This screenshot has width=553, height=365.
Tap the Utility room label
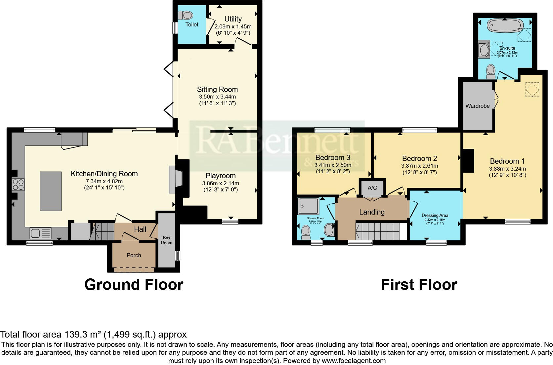point(233,19)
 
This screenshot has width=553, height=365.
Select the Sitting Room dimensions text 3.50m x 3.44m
point(217,97)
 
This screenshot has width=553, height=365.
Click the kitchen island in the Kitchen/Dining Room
point(51,191)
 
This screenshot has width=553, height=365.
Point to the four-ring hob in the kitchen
point(18,184)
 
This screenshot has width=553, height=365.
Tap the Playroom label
point(221,176)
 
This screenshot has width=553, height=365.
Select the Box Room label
point(166,240)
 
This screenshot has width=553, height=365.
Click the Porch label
point(134,255)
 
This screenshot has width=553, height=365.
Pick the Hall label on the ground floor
point(140,229)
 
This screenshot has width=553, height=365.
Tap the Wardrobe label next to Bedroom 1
point(477,106)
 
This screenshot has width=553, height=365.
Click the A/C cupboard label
point(372,188)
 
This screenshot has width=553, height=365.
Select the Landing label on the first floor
point(372,212)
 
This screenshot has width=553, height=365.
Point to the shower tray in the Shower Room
point(308,206)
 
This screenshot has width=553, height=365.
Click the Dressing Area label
point(435,215)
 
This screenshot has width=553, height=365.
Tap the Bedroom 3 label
point(332,157)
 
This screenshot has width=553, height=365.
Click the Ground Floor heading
point(134,284)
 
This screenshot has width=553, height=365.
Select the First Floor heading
point(419,284)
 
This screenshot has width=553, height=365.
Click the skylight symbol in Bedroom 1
point(532,89)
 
